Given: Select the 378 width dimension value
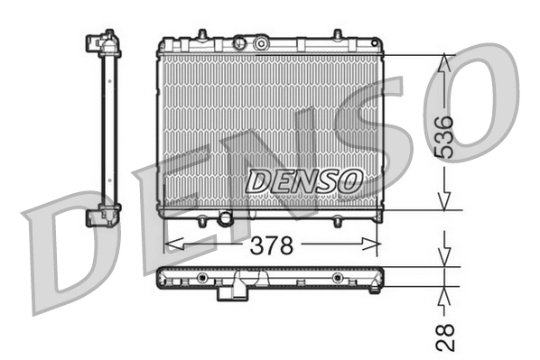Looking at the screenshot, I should pos(271,245).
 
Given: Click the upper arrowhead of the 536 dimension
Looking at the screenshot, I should pos(444,62).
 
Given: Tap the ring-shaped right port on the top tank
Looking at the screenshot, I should pos(261,42).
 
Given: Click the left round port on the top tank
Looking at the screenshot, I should pos(238,42).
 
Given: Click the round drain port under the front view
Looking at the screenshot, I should pos(225,218).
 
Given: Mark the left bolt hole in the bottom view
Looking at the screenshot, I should pos(201,277).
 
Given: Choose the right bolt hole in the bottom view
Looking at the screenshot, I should pos(337,277).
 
